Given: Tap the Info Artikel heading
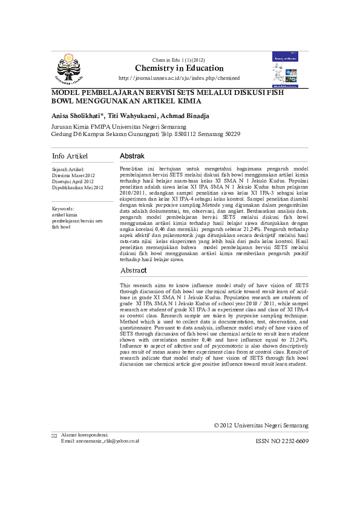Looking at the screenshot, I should click(70, 156).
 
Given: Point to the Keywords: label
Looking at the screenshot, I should click(64, 209).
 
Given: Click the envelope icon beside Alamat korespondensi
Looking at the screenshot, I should click(54, 436).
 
